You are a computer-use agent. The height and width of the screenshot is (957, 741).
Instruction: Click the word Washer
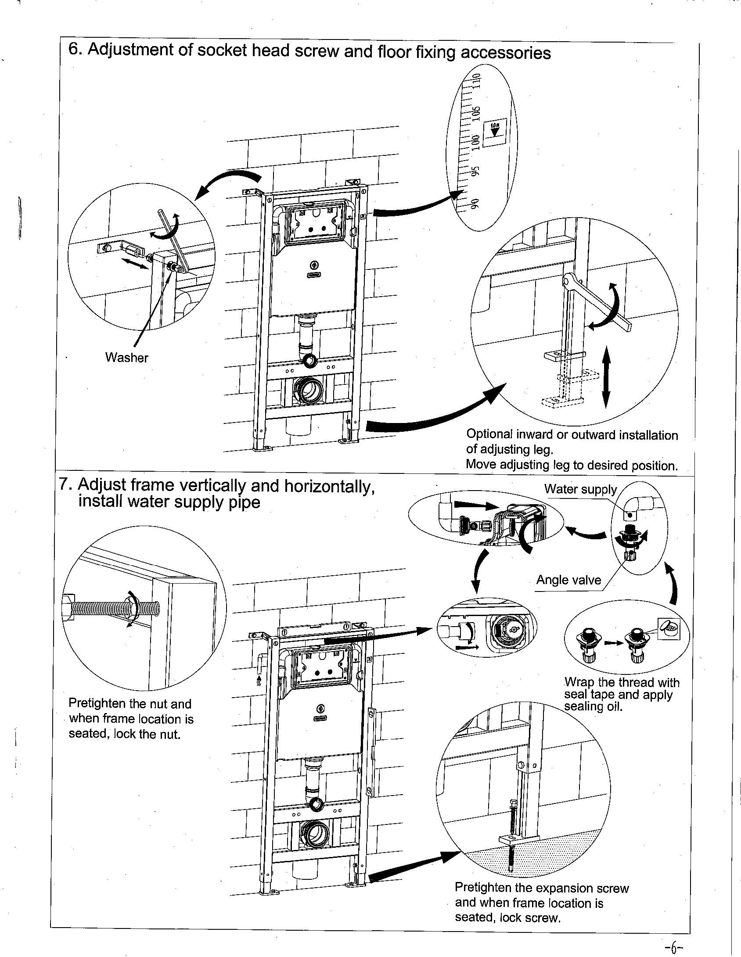click(x=126, y=358)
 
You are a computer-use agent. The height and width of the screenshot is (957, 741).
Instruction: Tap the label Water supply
click(x=580, y=489)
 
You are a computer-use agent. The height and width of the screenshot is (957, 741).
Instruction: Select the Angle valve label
click(x=568, y=580)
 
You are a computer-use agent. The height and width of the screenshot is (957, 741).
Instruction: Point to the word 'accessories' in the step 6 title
click(x=505, y=53)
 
